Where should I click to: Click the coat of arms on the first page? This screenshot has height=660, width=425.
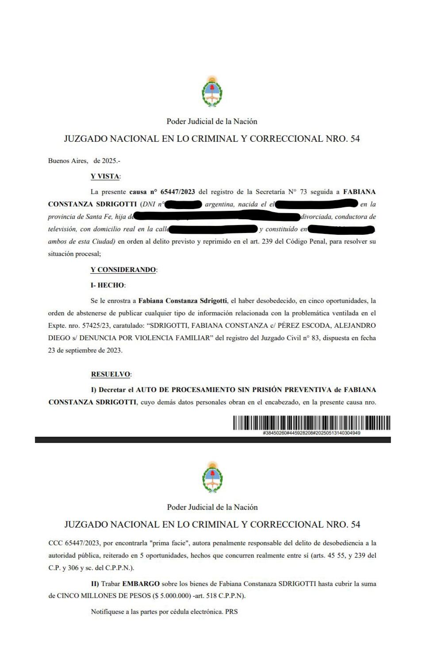[212, 92]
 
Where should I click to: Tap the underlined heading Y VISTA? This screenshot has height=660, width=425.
[105, 176]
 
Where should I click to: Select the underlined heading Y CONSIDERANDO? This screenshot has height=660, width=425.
[123, 270]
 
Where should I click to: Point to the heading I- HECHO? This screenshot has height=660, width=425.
[108, 285]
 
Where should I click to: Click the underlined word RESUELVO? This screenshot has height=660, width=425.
[111, 374]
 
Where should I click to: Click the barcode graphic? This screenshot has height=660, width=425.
[311, 423]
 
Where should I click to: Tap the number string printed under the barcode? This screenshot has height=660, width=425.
[311, 433]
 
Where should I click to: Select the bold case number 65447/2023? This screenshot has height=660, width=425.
[177, 192]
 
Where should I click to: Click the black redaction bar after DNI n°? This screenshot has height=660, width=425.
[183, 205]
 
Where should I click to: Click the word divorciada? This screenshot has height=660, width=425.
[316, 217]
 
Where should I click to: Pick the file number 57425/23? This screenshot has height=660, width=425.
[96, 326]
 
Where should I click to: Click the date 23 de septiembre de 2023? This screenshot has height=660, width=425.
[85, 350]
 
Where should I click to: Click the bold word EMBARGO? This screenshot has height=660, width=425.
[141, 584]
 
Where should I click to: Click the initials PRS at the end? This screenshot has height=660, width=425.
[231, 612]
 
